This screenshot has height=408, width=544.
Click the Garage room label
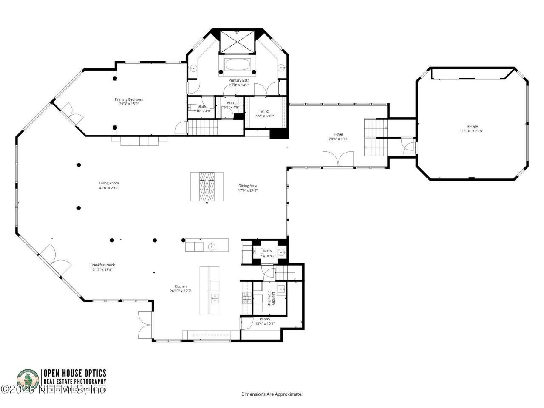472,126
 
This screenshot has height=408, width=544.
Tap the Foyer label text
339,134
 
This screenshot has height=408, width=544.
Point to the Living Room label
109,183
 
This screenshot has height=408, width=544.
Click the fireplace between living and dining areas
207,186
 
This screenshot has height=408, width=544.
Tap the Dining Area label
248,186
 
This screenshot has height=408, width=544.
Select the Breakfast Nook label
102,265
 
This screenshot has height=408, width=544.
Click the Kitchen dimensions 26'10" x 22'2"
180,291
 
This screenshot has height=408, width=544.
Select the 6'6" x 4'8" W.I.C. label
231,105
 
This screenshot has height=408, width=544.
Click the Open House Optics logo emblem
28,380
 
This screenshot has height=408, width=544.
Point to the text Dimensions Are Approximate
272,394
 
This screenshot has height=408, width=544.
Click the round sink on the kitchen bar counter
211,245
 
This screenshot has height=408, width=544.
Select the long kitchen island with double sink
210,290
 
